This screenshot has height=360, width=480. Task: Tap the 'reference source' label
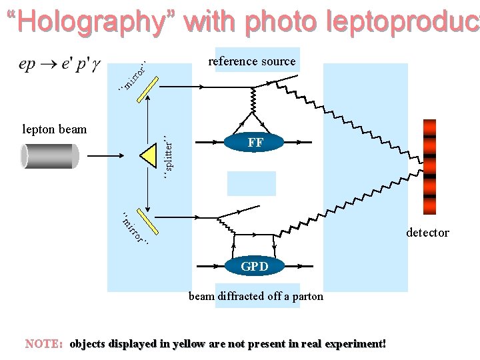point(251,61)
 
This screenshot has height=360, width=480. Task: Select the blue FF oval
point(255,142)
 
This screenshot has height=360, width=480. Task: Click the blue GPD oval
point(255,267)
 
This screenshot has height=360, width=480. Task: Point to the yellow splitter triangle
point(148,156)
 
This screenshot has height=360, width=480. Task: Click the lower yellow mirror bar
point(146,223)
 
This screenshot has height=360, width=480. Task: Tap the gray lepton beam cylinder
point(50,156)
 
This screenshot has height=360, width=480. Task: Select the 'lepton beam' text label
point(54,129)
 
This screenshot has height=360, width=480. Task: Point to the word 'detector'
point(428,233)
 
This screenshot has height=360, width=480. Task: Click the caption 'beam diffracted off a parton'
point(255,297)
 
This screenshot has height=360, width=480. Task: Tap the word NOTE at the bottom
point(43,344)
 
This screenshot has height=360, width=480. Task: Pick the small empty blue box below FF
point(251,183)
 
